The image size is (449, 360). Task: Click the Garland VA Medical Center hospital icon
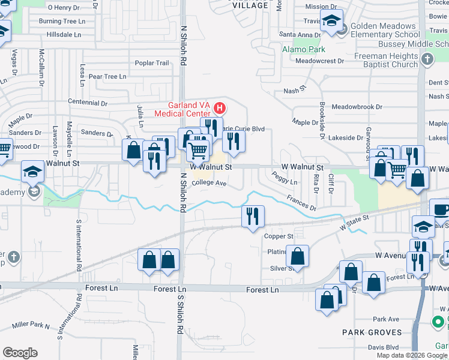point(220,109)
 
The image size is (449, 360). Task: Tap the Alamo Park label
point(304,49)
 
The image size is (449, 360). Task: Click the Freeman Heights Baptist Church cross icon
point(427,59)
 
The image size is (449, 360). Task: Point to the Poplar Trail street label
point(152,63)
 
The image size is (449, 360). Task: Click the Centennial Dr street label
point(87,103)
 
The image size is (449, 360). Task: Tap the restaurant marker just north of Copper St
point(253,216)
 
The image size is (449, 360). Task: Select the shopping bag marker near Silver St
point(297,256)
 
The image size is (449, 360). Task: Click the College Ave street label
point(209,184)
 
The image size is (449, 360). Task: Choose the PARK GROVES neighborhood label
point(372,332)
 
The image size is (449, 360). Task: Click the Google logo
point(20,353)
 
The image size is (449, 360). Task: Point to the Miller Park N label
point(30,326)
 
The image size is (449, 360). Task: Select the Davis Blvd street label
point(383,347)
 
